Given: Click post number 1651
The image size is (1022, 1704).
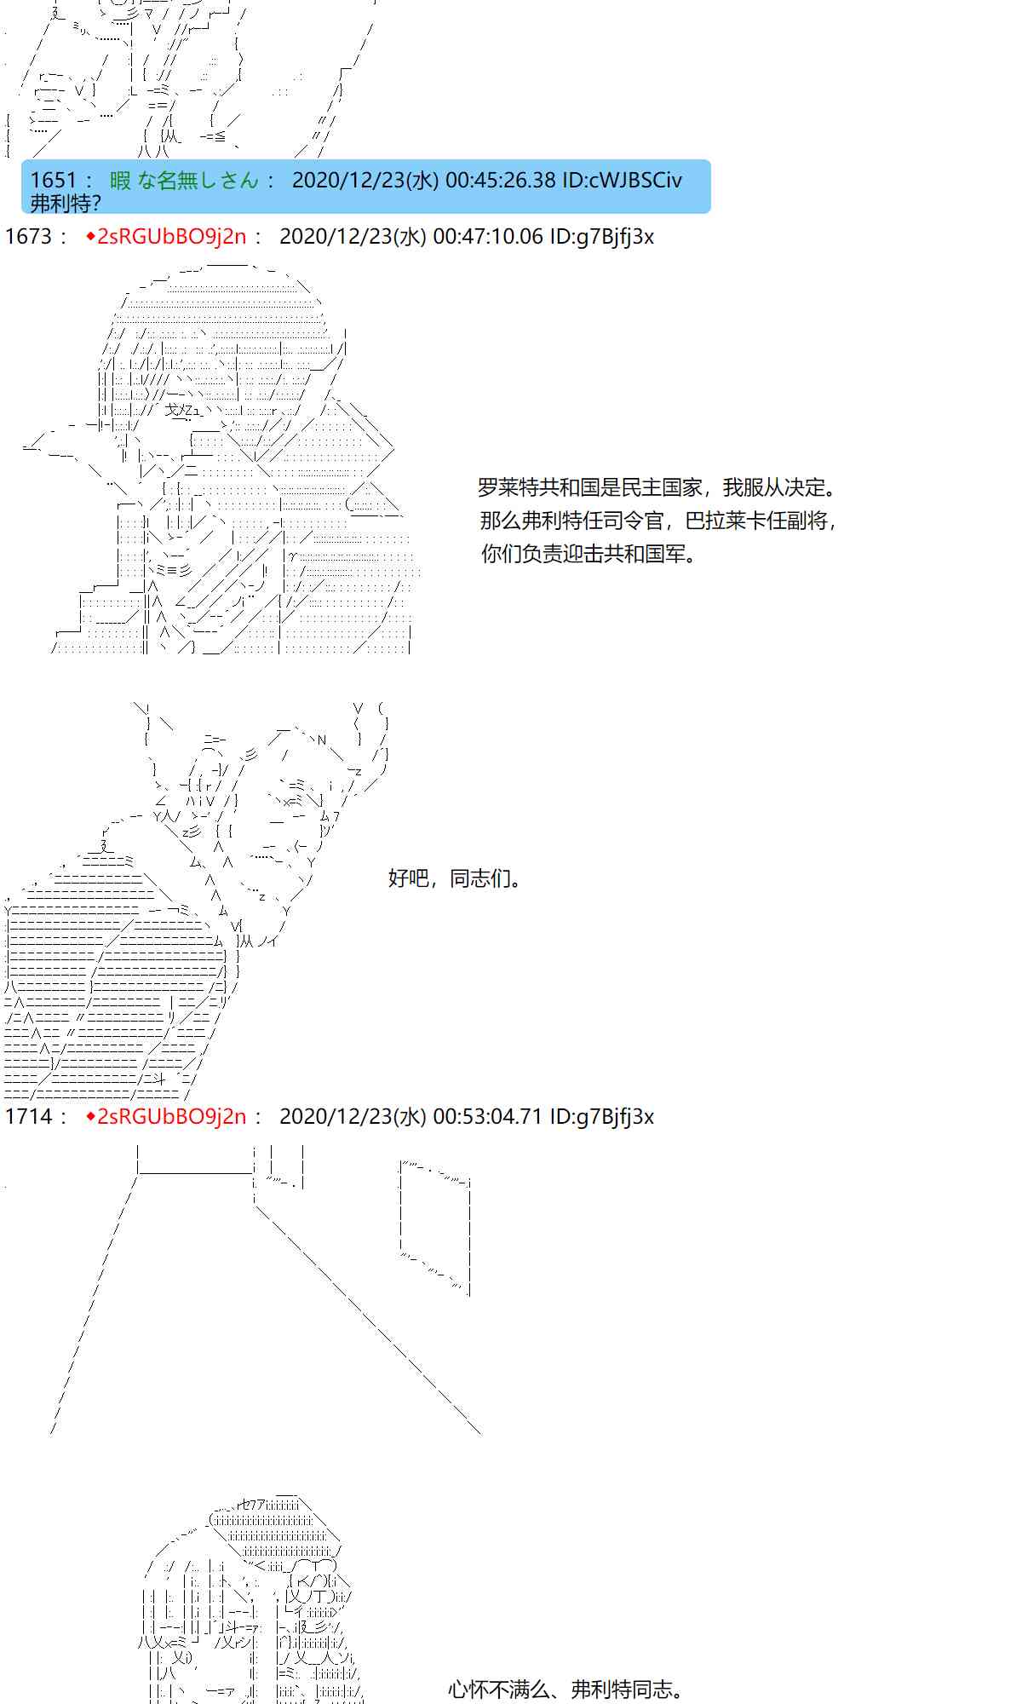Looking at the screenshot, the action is tap(53, 180).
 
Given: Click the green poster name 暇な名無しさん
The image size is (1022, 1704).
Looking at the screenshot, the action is tap(184, 180).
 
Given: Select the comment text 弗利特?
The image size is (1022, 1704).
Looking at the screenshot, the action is tap(66, 203).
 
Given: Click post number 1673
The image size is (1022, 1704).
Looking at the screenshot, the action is tap(28, 236).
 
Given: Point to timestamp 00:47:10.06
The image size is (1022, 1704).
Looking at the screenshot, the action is tap(487, 236).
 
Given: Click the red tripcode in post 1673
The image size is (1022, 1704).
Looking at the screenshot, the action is tap(166, 236).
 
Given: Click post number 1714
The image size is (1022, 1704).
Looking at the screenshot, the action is tap(28, 1116).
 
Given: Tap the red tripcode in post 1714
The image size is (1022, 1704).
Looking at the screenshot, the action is tap(166, 1116).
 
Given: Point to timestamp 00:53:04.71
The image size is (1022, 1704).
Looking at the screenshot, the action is tap(487, 1116).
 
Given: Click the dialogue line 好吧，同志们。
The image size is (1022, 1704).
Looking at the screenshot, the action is tap(456, 878).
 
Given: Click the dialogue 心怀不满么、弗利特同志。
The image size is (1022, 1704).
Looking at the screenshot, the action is tap(567, 1690).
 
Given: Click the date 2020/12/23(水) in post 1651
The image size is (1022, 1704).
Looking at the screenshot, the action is tap(365, 180).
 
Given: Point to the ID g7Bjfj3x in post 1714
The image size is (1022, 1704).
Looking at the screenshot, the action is tap(602, 1116).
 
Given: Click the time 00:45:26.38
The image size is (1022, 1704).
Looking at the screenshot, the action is tap(500, 180).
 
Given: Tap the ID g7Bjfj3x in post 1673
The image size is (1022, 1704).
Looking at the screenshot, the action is tap(602, 236).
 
